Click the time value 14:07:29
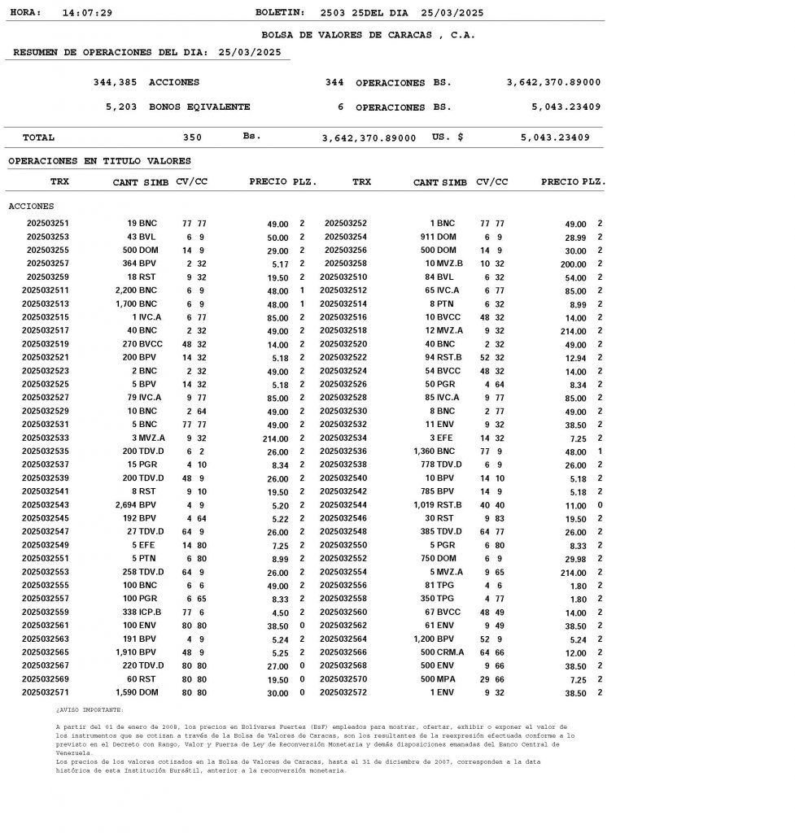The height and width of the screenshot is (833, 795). click(x=87, y=13)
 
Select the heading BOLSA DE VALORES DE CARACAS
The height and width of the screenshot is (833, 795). click(x=368, y=35)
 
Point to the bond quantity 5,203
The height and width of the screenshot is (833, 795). click(x=121, y=107)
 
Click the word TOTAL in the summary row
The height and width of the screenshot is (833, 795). click(x=38, y=137)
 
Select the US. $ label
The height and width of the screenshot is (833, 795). click(x=448, y=137)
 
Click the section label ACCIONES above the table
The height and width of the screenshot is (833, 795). click(x=31, y=207)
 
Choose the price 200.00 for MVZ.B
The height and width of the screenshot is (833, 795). click(x=572, y=264)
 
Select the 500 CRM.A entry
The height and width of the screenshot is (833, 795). click(x=442, y=652)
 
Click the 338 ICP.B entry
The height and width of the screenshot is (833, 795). click(x=142, y=613)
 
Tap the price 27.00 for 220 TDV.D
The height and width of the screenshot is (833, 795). click(x=277, y=666)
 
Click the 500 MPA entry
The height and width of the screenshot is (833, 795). click(x=439, y=679)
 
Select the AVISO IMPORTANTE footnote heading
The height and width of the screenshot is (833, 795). click(x=90, y=710)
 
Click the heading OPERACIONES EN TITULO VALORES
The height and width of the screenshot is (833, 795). click(x=99, y=161)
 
